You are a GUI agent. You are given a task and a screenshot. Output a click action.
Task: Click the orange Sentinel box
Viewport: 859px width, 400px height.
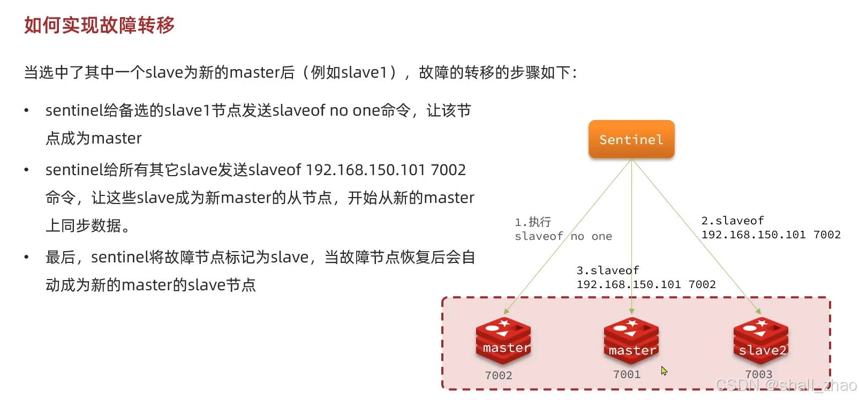click(631, 139)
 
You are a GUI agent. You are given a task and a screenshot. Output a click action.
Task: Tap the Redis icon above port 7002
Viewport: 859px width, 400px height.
click(503, 341)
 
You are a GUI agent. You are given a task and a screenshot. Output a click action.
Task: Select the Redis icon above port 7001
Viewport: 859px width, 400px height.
click(631, 341)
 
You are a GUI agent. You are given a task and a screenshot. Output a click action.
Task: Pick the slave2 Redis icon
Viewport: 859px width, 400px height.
click(760, 341)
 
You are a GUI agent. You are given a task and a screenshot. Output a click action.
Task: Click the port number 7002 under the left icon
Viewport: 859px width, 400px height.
click(499, 376)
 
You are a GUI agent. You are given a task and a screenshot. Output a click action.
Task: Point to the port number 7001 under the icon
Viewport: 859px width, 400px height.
click(627, 375)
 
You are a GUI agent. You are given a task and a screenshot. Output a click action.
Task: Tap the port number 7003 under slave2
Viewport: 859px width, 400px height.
click(758, 375)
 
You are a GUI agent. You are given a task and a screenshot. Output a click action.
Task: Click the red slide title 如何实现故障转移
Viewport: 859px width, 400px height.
click(100, 25)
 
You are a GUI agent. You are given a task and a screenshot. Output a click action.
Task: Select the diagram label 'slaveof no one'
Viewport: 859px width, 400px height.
click(563, 236)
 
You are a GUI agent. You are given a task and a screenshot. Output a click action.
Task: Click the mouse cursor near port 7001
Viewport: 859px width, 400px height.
click(664, 371)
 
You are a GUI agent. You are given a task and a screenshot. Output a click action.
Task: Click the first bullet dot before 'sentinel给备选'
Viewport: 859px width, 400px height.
click(26, 111)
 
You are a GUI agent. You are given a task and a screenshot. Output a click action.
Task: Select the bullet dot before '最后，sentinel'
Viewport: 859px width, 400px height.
click(26, 258)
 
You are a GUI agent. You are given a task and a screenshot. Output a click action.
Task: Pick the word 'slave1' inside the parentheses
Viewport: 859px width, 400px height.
click(364, 72)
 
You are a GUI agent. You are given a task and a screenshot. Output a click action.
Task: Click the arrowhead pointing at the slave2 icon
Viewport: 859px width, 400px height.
click(758, 311)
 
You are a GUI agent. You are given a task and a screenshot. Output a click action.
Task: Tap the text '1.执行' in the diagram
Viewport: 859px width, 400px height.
click(533, 222)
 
